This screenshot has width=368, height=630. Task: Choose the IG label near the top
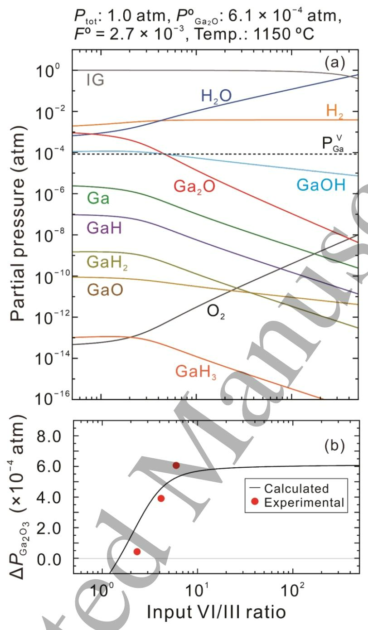tap(95, 81)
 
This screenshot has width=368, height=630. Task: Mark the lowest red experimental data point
tap(137, 552)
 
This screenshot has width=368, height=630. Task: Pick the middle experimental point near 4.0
tap(160, 499)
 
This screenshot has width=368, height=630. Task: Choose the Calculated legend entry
tap(297, 488)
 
